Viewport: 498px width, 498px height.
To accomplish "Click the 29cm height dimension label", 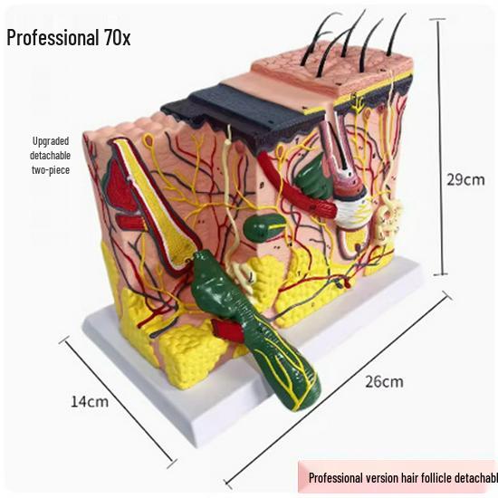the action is point(465,180).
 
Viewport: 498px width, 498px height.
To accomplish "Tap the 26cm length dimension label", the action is point(384,381).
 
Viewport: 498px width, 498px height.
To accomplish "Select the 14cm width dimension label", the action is point(90,401).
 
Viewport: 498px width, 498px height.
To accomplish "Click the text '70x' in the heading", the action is point(117,38).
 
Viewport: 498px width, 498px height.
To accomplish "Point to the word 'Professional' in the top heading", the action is point(53,38).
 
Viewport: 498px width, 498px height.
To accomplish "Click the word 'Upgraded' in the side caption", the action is point(51,141).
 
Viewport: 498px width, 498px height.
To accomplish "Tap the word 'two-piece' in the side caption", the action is point(51,170).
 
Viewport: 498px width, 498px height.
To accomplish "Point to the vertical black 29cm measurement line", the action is point(441,147).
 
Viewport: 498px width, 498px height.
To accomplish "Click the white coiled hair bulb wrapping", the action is point(351,210).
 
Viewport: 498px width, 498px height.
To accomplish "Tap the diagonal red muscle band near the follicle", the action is point(297,186).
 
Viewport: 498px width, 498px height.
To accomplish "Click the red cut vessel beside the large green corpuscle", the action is point(227,330).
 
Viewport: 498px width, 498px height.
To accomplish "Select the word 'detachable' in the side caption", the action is point(50,156).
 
